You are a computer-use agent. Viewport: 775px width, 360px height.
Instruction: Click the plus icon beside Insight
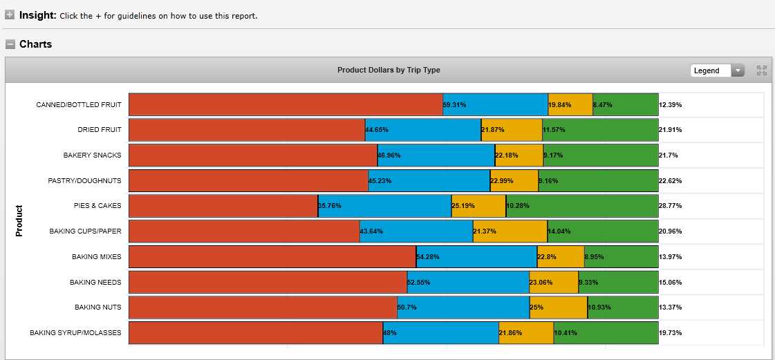tap(10, 15)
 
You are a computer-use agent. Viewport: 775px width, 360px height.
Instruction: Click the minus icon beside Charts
tap(10, 44)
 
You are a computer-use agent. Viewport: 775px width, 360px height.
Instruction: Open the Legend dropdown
tap(717, 70)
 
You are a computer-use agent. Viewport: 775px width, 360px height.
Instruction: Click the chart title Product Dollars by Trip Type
tap(389, 70)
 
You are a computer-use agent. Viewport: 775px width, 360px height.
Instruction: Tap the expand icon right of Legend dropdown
tap(762, 70)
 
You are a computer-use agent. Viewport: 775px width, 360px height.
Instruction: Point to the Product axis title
tap(19, 220)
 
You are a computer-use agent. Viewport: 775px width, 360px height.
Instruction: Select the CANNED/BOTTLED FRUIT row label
tap(79, 105)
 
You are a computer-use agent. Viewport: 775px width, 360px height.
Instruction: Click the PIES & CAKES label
tap(97, 206)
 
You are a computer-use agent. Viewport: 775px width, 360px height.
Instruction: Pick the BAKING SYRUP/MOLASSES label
tap(75, 333)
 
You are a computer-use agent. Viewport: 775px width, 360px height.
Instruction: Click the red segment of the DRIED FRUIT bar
tap(247, 130)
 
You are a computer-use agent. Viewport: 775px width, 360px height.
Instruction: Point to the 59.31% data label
tap(454, 105)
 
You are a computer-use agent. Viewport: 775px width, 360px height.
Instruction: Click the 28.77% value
tap(671, 206)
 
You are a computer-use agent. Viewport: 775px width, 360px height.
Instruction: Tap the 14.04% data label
tap(559, 231)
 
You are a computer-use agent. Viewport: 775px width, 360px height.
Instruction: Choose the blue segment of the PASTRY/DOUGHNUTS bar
tap(429, 181)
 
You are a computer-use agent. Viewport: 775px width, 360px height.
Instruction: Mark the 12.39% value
tap(671, 105)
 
